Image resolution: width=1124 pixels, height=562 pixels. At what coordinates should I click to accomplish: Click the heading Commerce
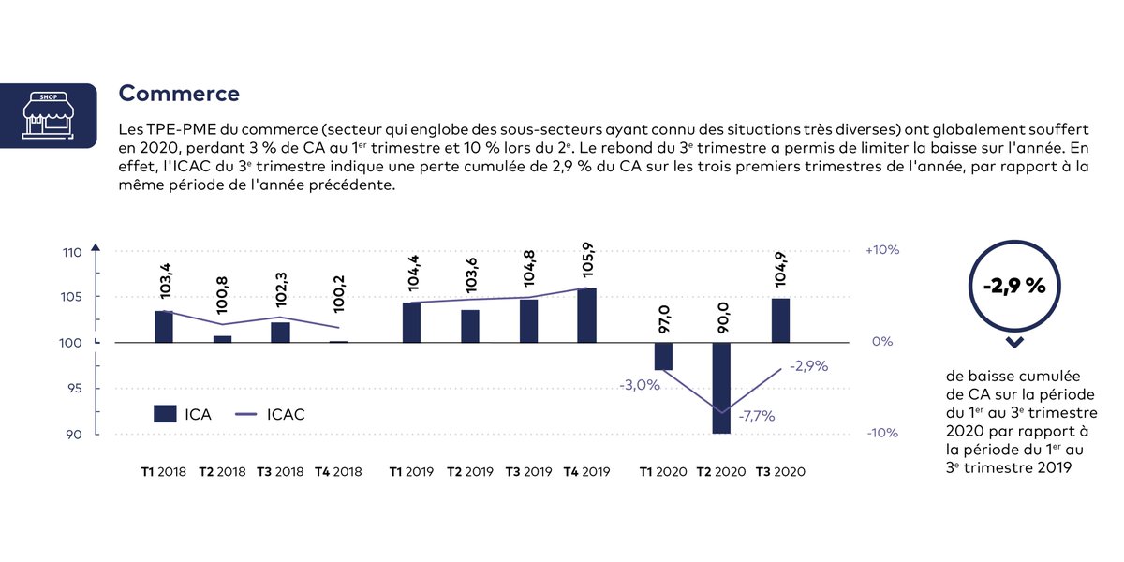179,94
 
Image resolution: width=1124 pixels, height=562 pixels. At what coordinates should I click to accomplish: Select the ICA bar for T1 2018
164,327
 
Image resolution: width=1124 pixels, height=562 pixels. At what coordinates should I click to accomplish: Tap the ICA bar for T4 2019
586,316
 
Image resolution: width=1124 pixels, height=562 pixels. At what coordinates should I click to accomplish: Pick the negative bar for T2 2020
721,388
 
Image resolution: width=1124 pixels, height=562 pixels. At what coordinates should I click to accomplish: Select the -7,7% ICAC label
756,417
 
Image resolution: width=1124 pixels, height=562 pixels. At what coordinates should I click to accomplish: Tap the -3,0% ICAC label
639,385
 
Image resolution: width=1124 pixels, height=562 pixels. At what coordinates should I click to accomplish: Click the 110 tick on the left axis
74,252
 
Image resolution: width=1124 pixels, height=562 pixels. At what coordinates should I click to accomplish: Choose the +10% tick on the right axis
882,251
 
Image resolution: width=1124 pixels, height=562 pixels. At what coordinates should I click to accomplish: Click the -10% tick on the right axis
881,434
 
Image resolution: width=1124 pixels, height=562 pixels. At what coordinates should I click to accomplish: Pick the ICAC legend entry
268,414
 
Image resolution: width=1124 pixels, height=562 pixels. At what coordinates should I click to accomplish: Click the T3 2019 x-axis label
528,472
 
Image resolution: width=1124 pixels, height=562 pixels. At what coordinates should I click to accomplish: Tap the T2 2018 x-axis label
222,472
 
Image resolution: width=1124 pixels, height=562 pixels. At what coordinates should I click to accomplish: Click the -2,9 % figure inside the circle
1013,287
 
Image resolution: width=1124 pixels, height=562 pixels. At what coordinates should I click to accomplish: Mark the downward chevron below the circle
1013,343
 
